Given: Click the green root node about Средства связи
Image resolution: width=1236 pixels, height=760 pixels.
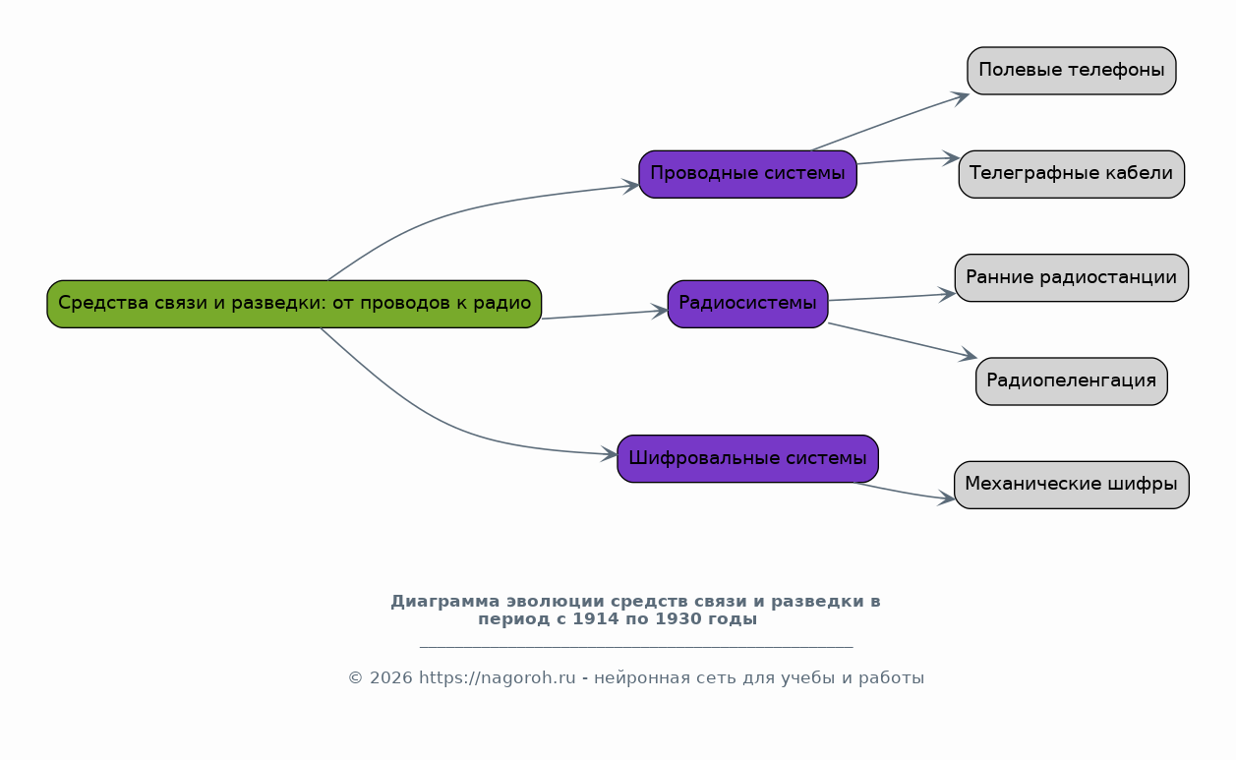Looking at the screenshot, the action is pyautogui.click(x=294, y=304).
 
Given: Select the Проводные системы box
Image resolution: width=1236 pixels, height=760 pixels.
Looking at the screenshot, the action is pyautogui.click(x=747, y=174).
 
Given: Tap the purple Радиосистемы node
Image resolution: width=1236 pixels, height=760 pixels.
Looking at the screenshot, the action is pyautogui.click(x=747, y=304).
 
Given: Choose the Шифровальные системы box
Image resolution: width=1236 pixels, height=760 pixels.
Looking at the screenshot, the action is pyautogui.click(x=747, y=459).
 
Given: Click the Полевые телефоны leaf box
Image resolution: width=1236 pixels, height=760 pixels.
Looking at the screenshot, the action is pyautogui.click(x=1072, y=71).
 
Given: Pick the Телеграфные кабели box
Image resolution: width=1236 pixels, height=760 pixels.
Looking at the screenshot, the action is pyautogui.click(x=1072, y=174).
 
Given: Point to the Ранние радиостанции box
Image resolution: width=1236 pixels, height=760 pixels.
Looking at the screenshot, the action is pyautogui.click(x=1072, y=278).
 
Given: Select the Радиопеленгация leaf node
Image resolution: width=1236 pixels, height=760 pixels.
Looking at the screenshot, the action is pyautogui.click(x=1072, y=381).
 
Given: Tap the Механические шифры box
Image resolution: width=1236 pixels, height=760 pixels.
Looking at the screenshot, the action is pyautogui.click(x=1072, y=486).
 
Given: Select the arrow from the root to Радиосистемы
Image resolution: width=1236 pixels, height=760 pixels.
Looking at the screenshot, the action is pyautogui.click(x=605, y=315).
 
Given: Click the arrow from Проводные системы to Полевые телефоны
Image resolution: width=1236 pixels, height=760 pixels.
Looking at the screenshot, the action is pyautogui.click(x=890, y=121).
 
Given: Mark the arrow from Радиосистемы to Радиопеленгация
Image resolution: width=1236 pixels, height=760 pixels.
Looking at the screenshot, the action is pyautogui.click(x=903, y=341).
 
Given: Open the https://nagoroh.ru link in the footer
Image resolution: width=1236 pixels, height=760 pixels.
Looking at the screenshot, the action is pyautogui.click(x=498, y=677).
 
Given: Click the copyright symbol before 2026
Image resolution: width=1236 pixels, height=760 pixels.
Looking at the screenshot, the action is pyautogui.click(x=355, y=677).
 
